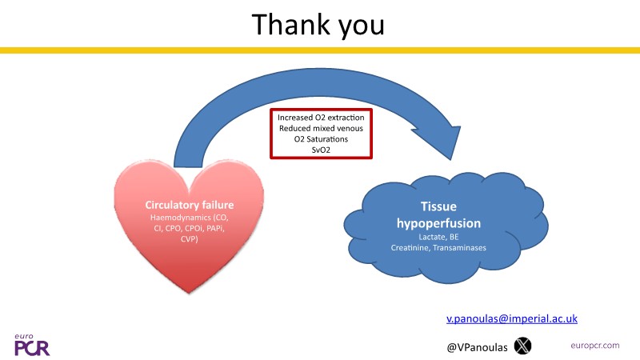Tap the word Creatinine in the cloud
(x=411, y=248)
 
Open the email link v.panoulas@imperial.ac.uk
(x=511, y=318)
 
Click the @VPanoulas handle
(x=477, y=346)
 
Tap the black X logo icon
(x=522, y=346)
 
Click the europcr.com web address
(x=595, y=345)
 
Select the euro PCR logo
(x=29, y=345)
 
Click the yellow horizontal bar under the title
(x=320, y=50)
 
